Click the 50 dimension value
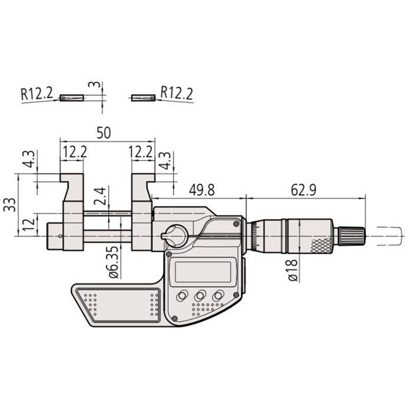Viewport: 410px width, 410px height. pyautogui.click(x=104, y=133)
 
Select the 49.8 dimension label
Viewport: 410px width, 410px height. pyautogui.click(x=202, y=190)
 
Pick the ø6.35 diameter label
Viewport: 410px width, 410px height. pyautogui.click(x=114, y=261)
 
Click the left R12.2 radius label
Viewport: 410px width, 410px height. pyautogui.click(x=37, y=93)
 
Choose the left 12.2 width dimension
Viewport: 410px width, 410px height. pyautogui.click(x=74, y=152)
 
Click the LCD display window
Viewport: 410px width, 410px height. pyautogui.click(x=202, y=272)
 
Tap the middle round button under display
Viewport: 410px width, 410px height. pyautogui.click(x=200, y=296)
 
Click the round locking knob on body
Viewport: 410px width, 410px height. pyautogui.click(x=175, y=235)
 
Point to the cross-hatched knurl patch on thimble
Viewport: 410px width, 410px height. pyautogui.click(x=321, y=245)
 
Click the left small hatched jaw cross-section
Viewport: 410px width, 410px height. pyautogui.click(x=71, y=97)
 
